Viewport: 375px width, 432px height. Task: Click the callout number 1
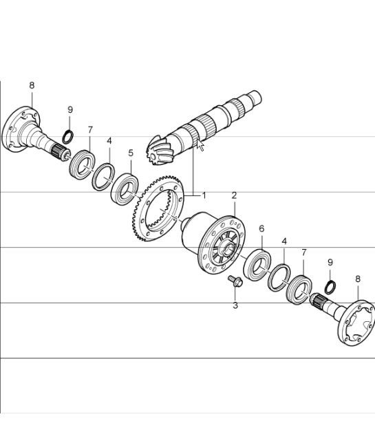[x=203, y=195]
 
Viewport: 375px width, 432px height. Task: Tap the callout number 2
[x=234, y=195]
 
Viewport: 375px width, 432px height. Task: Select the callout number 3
[x=235, y=305]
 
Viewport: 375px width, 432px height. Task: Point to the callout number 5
[x=130, y=153]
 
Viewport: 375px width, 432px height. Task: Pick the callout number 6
[x=261, y=228]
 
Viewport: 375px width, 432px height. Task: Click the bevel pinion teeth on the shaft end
[x=158, y=149]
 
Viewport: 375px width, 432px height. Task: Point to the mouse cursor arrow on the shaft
[x=200, y=144]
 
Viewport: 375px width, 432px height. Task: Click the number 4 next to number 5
[x=109, y=141]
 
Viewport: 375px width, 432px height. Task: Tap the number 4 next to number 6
[x=284, y=242]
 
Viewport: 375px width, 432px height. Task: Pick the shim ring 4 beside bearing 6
[x=279, y=276]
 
